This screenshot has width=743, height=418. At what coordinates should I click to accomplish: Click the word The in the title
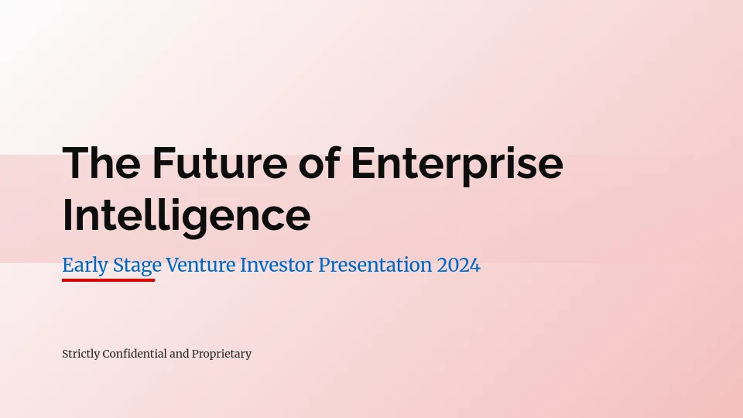point(101,163)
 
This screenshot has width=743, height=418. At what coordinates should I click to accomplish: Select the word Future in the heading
point(220,163)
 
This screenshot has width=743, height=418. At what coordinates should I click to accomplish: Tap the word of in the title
point(320,163)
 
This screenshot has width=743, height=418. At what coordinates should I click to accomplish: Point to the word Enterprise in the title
point(457,165)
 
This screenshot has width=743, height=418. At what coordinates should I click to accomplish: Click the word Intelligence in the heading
point(187,217)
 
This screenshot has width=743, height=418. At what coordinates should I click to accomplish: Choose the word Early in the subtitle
point(85,266)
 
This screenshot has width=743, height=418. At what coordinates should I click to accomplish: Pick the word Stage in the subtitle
point(137,266)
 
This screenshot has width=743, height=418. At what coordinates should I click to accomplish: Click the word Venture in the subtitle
point(200,265)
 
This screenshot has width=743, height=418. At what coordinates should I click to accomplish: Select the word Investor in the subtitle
point(277,265)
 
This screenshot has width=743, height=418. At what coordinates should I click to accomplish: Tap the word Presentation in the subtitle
point(375,265)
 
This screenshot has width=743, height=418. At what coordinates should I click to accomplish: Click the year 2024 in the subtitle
point(459,265)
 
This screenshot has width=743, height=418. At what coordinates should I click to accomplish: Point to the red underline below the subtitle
point(108,280)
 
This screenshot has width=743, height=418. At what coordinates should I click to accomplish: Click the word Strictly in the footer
point(81,354)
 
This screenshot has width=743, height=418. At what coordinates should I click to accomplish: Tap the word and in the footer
point(179,354)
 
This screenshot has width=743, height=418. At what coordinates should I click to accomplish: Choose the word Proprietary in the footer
point(221,354)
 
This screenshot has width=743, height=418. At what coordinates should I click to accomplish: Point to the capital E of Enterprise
point(364,163)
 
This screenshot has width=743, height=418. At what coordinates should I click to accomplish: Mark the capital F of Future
point(164,163)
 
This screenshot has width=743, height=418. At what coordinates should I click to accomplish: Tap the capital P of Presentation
point(324,265)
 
